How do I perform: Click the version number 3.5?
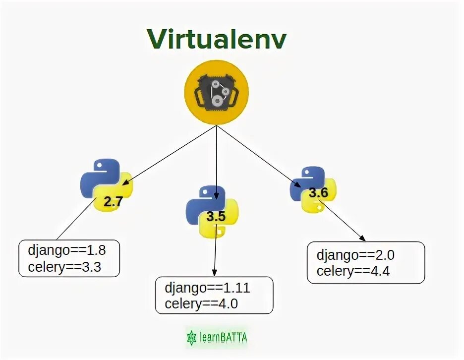[x=216, y=217]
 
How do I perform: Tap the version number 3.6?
[x=318, y=192]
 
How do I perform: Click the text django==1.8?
[x=66, y=250]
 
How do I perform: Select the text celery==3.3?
[x=64, y=267]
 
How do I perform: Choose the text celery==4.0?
[x=202, y=304]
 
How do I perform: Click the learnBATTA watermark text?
[x=223, y=338]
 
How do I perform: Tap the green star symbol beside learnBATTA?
[x=191, y=338]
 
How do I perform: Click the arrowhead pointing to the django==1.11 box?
[x=214, y=272]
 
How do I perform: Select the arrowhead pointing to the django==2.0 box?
[x=363, y=239]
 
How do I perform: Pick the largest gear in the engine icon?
[x=217, y=100]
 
